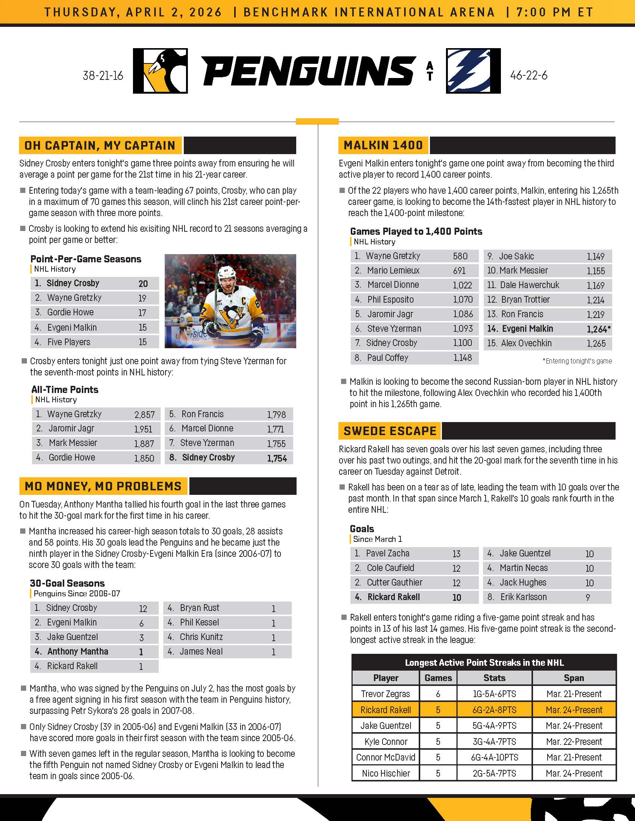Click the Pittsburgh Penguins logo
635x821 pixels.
tap(160, 71)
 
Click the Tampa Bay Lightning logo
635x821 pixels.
tap(473, 71)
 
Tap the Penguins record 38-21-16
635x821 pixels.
tap(103, 75)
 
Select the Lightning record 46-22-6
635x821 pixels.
tap(529, 75)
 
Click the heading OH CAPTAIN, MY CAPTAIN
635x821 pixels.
tap(100, 146)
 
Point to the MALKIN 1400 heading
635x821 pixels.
tap(383, 145)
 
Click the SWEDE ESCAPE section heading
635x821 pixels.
tap(390, 431)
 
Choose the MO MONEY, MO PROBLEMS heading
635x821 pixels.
tap(103, 486)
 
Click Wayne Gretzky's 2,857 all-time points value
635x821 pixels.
tap(145, 415)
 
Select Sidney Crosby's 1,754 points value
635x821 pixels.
tap(277, 458)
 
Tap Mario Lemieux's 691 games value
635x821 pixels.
tap(459, 271)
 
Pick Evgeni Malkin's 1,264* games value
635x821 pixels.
tap(598, 329)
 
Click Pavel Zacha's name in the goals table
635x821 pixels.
tap(387, 553)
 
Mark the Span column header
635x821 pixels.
tap(574, 678)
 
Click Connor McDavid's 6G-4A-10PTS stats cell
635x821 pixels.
tap(494, 757)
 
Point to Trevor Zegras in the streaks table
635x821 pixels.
tap(385, 694)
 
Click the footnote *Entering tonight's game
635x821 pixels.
tap(577, 361)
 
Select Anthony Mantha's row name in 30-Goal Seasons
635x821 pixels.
tap(77, 652)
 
